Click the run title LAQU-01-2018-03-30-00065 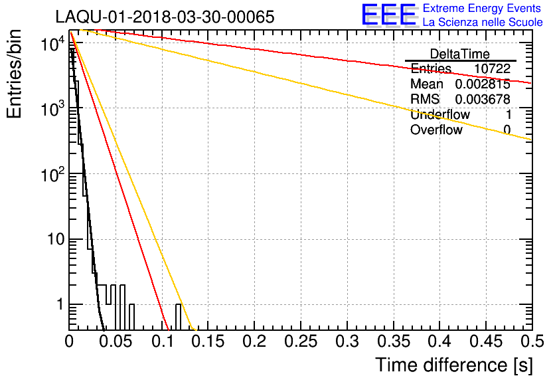pyautogui.click(x=164, y=17)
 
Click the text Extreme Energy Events pyautogui.click(x=482, y=9)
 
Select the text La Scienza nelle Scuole pyautogui.click(x=483, y=23)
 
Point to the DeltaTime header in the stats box pyautogui.click(x=460, y=54)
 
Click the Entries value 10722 pyautogui.click(x=492, y=69)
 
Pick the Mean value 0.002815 pyautogui.click(x=483, y=84)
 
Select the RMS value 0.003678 pyautogui.click(x=483, y=99)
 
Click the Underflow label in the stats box pyautogui.click(x=439, y=114)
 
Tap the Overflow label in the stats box pyautogui.click(x=436, y=130)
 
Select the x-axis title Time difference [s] pyautogui.click(x=453, y=365)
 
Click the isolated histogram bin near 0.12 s pyautogui.click(x=179, y=316)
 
